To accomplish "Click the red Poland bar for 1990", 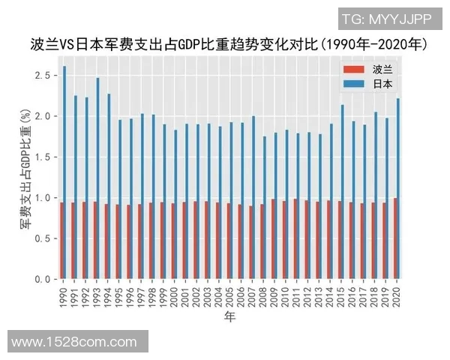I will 61,240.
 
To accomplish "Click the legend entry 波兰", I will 382,69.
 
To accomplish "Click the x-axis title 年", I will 229,319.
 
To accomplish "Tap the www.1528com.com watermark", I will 74,342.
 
